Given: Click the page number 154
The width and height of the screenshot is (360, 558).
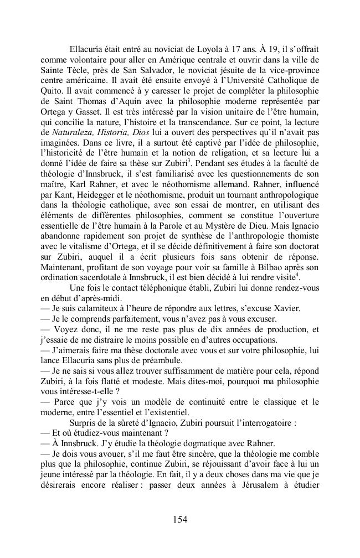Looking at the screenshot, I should [180, 519].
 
